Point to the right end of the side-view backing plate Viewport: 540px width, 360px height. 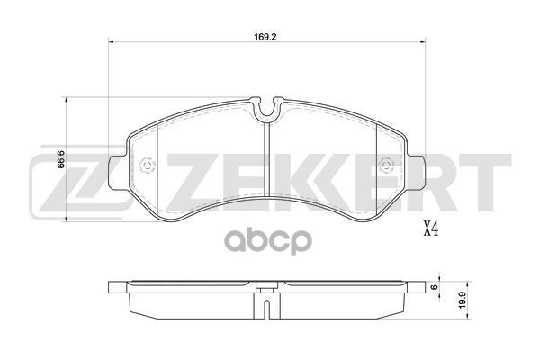[x=422, y=289]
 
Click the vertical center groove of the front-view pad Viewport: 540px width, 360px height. [x=267, y=171]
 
